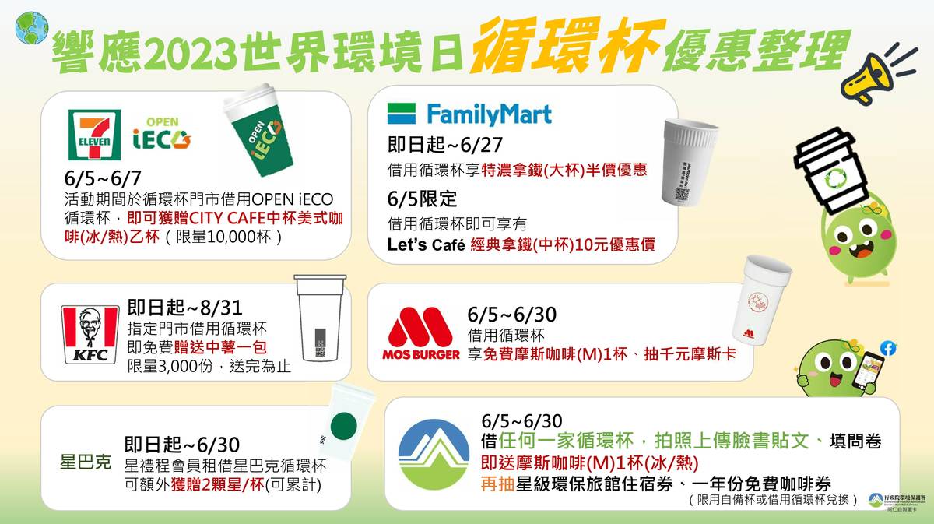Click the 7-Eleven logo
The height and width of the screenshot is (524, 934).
pyautogui.click(x=94, y=135)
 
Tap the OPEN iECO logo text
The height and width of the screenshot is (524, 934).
pyautogui.click(x=161, y=134)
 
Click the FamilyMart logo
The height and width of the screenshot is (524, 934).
pyautogui.click(x=469, y=114)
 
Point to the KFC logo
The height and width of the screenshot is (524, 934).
pyautogui.click(x=90, y=335)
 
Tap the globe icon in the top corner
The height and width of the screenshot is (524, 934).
pyautogui.click(x=31, y=27)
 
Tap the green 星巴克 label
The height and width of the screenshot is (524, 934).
pyautogui.click(x=86, y=461)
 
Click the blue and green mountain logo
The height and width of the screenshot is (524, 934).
pyautogui.click(x=434, y=454)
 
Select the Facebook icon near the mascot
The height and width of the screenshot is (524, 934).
pyautogui.click(x=887, y=348)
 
